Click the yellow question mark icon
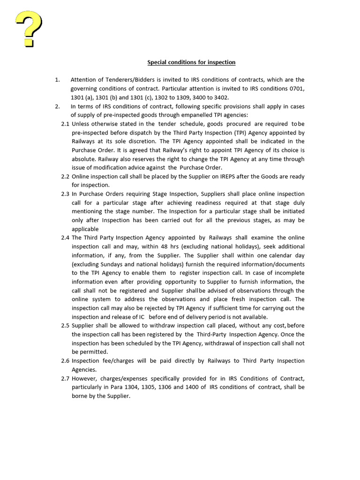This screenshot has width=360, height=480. point(29,29)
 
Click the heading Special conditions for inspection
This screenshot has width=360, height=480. point(191,62)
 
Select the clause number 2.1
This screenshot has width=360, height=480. point(66,124)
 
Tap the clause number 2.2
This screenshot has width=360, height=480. point(66,177)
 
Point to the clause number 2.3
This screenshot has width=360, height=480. point(66,194)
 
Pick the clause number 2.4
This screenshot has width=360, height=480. point(66,238)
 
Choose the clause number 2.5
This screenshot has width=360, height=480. point(66,326)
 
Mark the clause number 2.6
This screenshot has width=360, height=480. point(66,361)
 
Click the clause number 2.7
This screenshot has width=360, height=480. point(66,378)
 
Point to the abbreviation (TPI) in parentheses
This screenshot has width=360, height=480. point(233,133)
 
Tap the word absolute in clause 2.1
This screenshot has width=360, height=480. point(84,159)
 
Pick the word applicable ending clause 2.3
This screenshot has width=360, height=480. point(85,229)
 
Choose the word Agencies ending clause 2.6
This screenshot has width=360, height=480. point(84,370)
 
